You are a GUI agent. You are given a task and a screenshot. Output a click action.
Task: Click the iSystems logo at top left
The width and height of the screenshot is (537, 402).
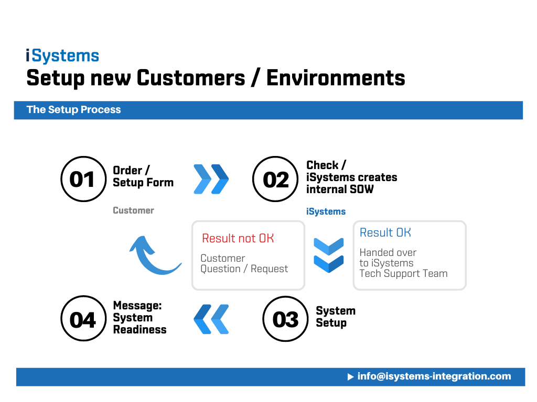(x=62, y=56)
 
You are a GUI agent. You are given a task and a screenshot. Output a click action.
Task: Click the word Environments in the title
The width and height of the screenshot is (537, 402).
(x=336, y=78)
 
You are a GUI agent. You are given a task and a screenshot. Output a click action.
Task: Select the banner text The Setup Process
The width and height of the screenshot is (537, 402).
(x=73, y=110)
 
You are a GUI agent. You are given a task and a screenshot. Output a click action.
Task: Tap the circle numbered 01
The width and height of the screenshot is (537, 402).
(x=82, y=179)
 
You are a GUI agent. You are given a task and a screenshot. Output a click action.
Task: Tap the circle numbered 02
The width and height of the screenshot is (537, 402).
(x=275, y=179)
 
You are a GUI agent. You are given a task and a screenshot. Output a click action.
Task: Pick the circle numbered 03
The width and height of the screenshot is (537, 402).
(x=285, y=319)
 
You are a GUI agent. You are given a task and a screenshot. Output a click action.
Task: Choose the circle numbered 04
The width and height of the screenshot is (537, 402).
(x=83, y=319)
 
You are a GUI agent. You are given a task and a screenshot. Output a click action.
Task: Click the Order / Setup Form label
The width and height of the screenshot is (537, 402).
(x=143, y=176)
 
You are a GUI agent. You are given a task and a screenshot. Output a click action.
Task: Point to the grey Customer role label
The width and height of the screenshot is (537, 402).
(x=133, y=210)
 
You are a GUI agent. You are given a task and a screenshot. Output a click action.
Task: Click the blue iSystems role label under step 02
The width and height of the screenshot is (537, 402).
(x=326, y=211)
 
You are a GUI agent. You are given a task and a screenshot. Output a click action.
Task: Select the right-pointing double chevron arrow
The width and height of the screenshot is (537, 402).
(x=211, y=179)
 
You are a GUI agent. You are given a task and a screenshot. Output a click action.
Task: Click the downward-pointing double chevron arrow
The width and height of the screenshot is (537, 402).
(x=328, y=255)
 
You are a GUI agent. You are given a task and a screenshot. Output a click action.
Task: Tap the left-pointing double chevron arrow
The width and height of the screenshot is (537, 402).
(x=211, y=319)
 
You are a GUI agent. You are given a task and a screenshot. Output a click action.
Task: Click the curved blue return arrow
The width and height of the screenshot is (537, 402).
(x=152, y=255)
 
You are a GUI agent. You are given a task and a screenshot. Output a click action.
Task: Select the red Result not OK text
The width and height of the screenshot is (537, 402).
(x=238, y=238)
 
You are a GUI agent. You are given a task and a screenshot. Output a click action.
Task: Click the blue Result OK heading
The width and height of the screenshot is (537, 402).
(x=385, y=232)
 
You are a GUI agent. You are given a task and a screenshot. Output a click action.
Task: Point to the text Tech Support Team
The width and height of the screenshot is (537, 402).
(x=403, y=273)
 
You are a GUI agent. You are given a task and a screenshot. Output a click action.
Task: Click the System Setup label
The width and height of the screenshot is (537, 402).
(x=335, y=317)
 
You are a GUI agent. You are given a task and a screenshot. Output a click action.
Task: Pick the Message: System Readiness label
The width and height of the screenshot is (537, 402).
(x=139, y=318)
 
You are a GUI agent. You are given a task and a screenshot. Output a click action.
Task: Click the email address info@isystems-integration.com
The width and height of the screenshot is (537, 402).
(x=434, y=376)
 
